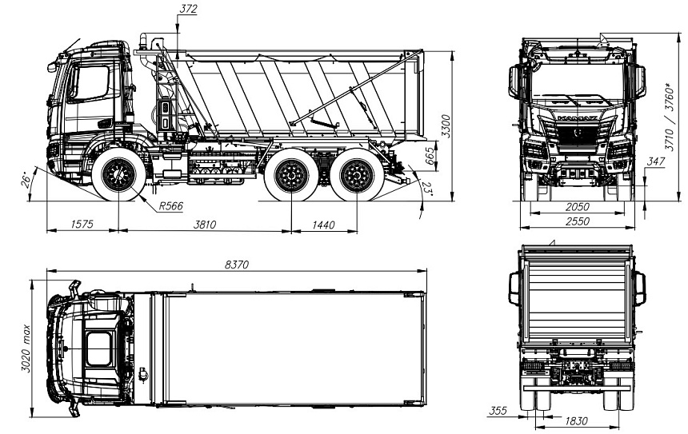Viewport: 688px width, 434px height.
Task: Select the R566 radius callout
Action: [x=170, y=206]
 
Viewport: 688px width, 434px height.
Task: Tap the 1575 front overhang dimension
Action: [x=82, y=225]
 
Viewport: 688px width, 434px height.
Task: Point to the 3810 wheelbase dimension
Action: [x=204, y=225]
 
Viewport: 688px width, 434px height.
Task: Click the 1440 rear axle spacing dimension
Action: [x=323, y=225]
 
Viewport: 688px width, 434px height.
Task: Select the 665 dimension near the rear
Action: [x=430, y=155]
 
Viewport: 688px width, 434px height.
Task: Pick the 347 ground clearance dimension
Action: [x=657, y=162]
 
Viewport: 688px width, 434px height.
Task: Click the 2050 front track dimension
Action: [x=575, y=205]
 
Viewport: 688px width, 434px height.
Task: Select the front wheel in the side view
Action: [x=119, y=174]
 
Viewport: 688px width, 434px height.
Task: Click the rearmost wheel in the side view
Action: [x=351, y=176]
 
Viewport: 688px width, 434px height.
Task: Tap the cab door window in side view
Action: [x=90, y=83]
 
